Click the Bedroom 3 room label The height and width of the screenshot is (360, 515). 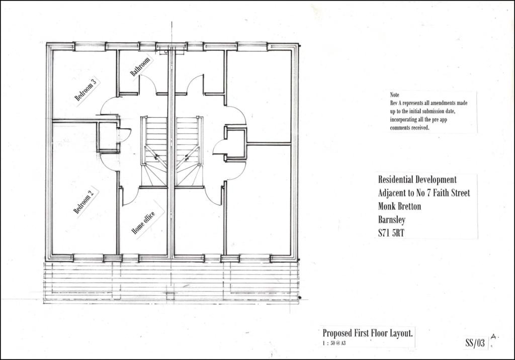point(85,89)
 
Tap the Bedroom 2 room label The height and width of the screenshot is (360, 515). point(83,201)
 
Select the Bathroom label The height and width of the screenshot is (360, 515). point(140,67)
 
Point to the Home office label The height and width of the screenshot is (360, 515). point(143,223)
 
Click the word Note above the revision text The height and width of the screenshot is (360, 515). point(394,95)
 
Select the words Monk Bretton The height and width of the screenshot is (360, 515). point(399,206)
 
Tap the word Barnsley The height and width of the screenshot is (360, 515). point(391,220)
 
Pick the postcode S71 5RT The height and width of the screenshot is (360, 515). point(391,233)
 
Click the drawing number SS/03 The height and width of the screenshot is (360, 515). point(475,343)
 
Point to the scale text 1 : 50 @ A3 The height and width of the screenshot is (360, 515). point(334,343)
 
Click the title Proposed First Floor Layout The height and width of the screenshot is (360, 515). point(368,333)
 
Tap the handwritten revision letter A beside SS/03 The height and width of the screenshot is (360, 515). point(494,337)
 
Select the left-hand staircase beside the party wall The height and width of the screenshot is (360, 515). point(154,151)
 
